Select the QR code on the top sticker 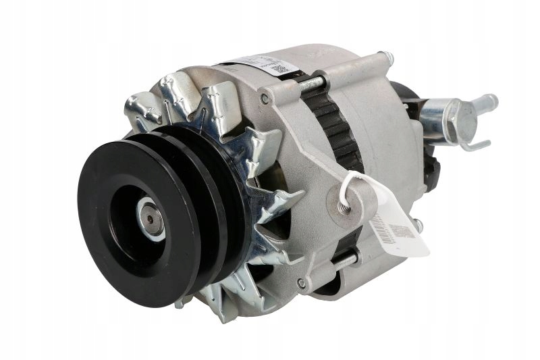coord(277,68)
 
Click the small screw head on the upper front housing coord(265,99)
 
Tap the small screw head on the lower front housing coord(300,284)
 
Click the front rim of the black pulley coord(101,223)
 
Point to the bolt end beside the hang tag coord(418,223)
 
